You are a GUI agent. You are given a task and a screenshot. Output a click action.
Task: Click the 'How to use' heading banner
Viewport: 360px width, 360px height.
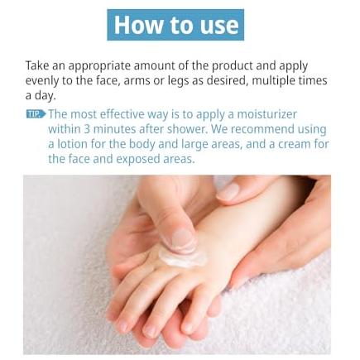pyautogui.click(x=175, y=25)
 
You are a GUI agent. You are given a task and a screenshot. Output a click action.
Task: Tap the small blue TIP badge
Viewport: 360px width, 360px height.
pyautogui.click(x=36, y=114)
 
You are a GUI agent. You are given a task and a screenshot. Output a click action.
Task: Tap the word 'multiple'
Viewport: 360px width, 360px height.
pyautogui.click(x=272, y=81)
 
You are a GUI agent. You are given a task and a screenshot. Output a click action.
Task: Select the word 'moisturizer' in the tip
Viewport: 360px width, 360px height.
pyautogui.click(x=267, y=114)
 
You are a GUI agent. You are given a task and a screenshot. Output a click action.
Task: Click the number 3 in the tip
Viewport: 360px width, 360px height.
pyautogui.click(x=87, y=129)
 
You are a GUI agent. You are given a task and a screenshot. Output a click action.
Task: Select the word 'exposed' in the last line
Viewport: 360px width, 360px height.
pyautogui.click(x=138, y=160)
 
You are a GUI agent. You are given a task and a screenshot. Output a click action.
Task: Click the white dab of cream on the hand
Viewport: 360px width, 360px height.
pyautogui.click(x=183, y=258)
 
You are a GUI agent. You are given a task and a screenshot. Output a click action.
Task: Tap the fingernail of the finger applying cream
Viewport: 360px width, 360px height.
pyautogui.click(x=182, y=238)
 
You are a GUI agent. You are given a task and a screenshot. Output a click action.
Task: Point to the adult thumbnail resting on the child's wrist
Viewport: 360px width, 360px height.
pyautogui.click(x=228, y=192)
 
